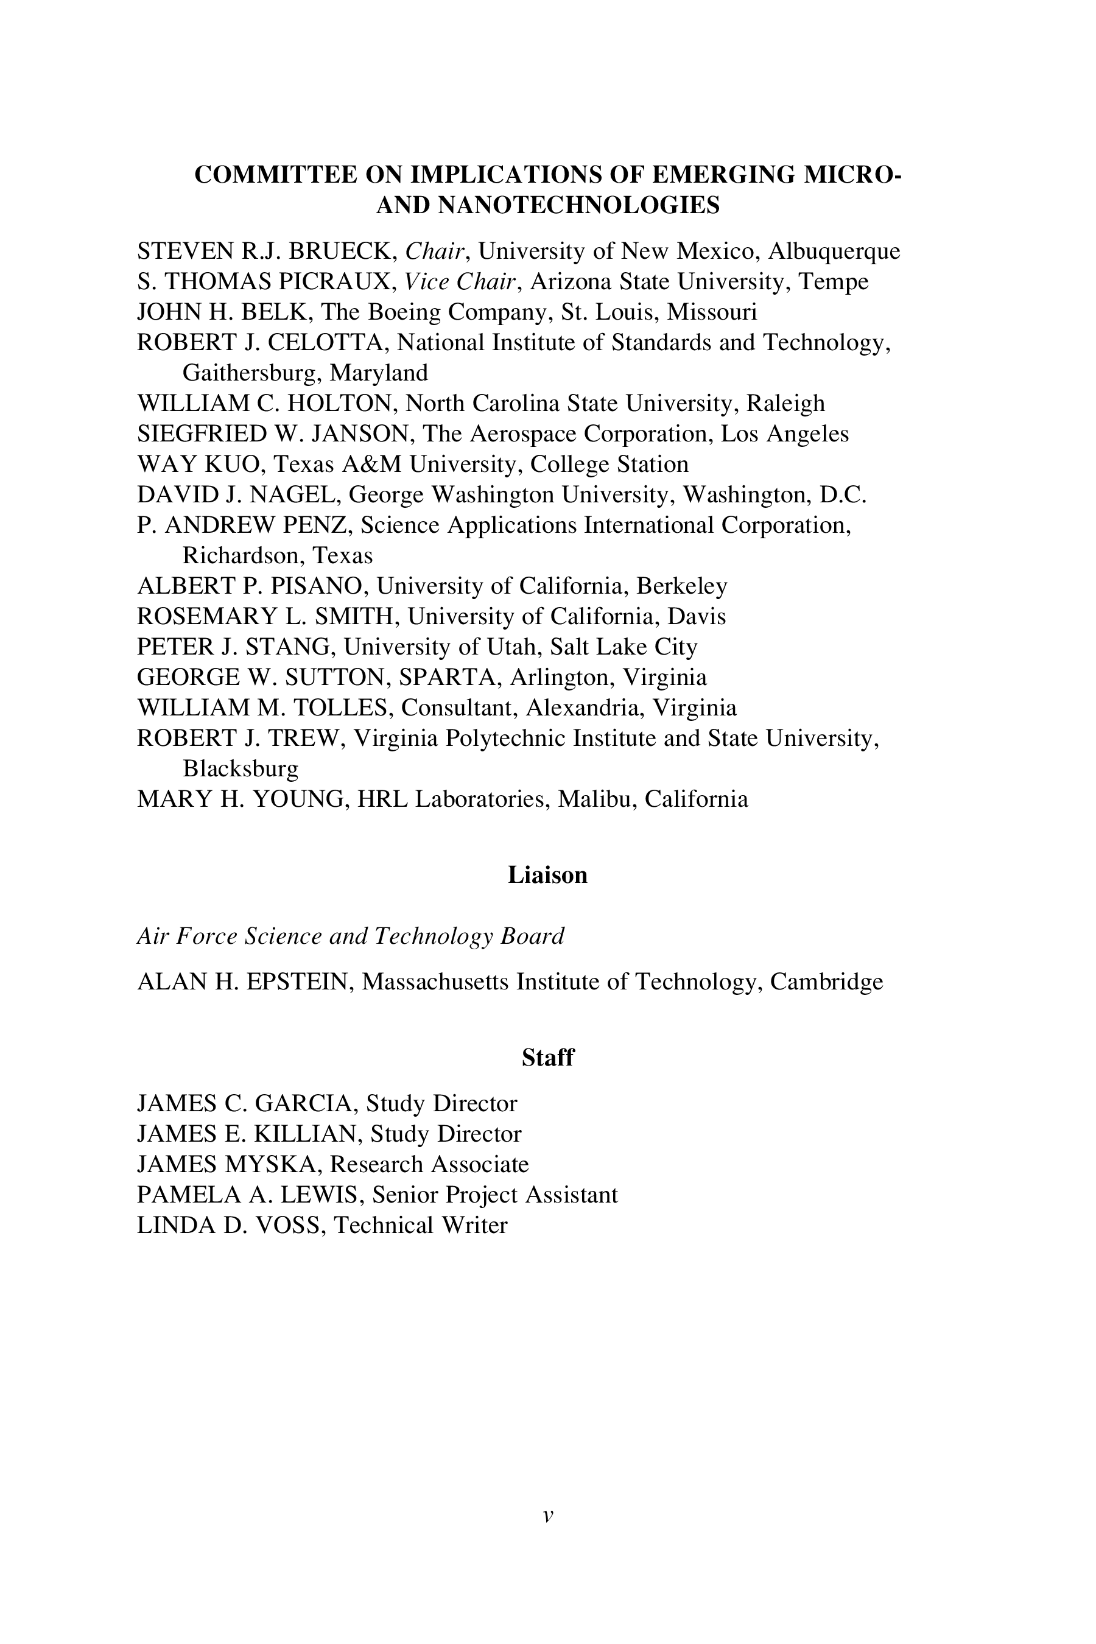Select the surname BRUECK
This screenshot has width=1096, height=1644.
(343, 250)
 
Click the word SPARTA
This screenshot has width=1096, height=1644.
(449, 677)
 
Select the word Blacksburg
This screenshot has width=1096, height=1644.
(241, 769)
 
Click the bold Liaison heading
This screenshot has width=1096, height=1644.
(547, 875)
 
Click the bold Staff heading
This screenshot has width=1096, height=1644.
(547, 1058)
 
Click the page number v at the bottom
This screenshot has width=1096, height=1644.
(548, 1516)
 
